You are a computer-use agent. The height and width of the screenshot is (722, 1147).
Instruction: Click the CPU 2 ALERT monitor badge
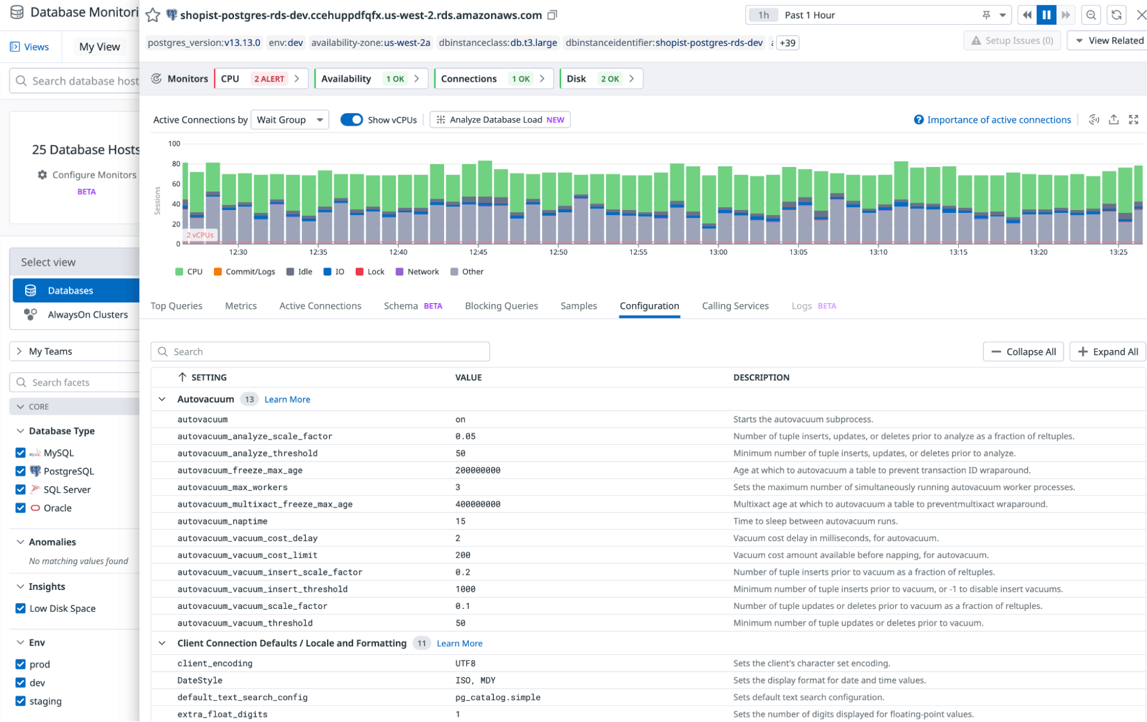(261, 79)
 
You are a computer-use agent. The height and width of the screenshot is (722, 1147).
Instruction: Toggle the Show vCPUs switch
(351, 119)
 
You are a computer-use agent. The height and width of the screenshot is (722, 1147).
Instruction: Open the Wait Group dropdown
(290, 119)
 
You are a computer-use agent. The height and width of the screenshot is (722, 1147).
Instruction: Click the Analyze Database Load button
(500, 119)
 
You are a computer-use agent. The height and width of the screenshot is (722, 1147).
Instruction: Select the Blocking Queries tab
(501, 306)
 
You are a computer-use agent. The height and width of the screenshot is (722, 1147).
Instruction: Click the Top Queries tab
(176, 306)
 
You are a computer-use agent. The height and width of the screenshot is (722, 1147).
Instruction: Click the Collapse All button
(1023, 352)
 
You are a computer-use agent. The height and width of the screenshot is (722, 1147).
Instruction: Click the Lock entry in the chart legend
(370, 271)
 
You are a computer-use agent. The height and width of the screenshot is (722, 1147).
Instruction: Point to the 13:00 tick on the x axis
(718, 252)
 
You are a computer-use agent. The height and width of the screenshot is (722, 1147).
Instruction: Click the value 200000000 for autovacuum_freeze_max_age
(477, 470)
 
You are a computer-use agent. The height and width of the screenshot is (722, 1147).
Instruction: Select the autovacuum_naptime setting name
(222, 521)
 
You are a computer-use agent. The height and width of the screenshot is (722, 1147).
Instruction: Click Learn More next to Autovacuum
(287, 399)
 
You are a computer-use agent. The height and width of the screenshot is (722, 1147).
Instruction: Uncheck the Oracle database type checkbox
(21, 508)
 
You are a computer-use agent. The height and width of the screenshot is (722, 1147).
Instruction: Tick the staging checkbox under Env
(21, 701)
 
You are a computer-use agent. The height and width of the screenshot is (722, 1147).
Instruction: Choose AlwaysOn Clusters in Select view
(87, 315)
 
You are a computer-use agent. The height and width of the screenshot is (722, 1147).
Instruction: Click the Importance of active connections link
(998, 119)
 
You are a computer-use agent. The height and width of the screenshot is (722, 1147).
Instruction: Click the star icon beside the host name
(153, 15)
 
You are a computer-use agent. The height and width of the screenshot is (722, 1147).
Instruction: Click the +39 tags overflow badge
(787, 43)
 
